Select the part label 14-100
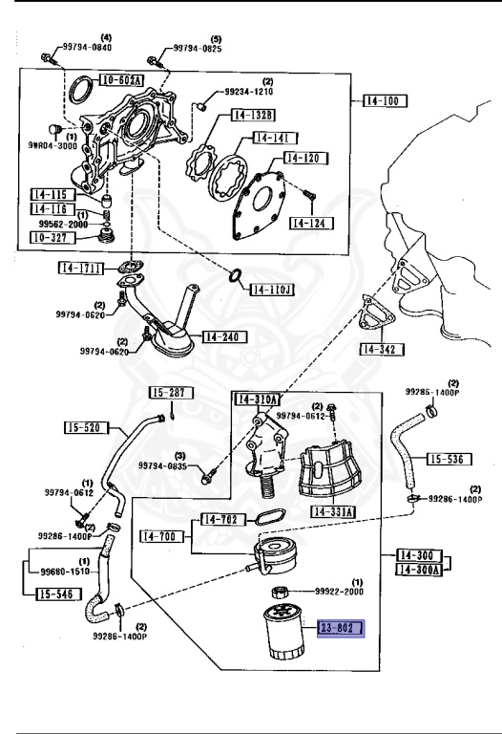[383, 99]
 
